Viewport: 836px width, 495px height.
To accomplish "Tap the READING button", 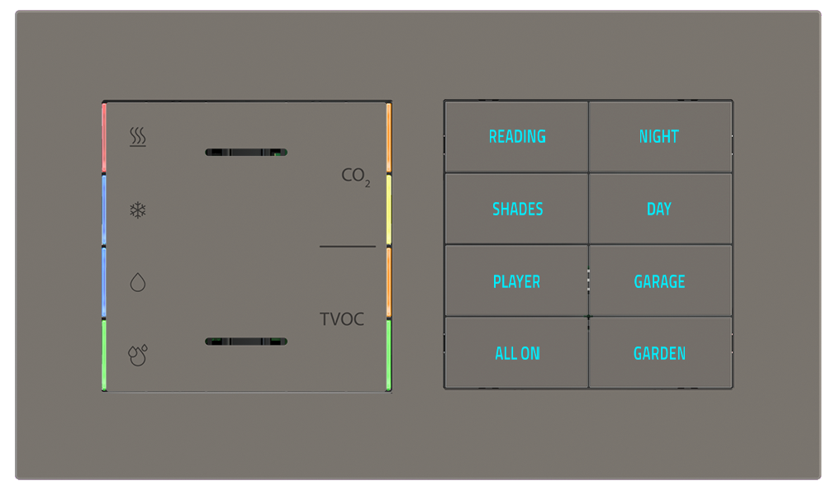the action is coord(517,137).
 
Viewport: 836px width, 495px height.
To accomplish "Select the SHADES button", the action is coord(517,210).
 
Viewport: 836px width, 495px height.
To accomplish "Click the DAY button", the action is coord(659,210).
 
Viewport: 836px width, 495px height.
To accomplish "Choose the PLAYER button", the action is coord(516,282).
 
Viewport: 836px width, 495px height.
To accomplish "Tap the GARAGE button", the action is coord(659,282).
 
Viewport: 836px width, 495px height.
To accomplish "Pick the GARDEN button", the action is coord(659,354).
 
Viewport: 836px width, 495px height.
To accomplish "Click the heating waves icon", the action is coord(138,137).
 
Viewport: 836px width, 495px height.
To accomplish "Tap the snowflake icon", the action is coord(138,210).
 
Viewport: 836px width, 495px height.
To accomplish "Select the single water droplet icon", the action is coord(138,283).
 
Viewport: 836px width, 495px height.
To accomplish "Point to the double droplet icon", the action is coord(138,355).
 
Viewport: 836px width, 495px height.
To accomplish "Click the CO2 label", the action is coord(356,176).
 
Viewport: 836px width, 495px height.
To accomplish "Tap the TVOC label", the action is coord(342,319).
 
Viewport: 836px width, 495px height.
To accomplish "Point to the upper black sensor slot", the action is coord(245,152).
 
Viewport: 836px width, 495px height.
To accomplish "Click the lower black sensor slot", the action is coord(245,341).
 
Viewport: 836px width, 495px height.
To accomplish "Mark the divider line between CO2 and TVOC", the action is coord(347,246).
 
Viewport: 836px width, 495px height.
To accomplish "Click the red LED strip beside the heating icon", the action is coord(104,139).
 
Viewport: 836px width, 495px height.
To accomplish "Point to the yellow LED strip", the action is coord(388,210).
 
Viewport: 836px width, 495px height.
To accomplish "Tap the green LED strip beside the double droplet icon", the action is coord(104,355).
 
